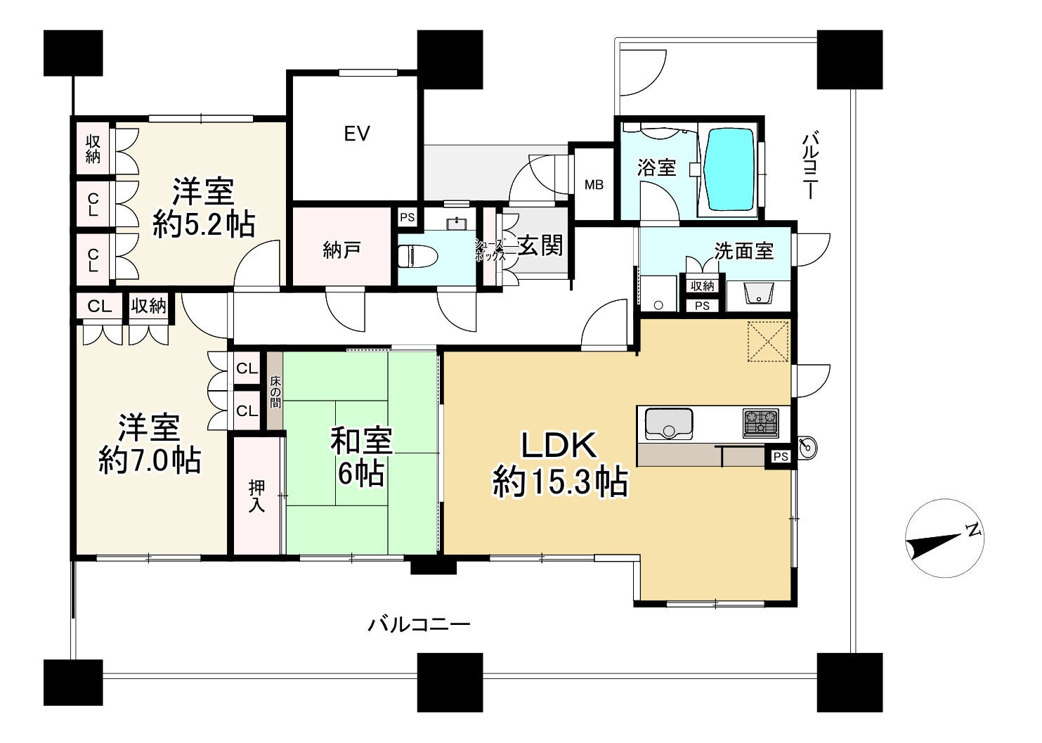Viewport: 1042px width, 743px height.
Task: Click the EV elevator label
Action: [357, 134]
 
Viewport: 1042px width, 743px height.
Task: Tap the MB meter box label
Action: [594, 185]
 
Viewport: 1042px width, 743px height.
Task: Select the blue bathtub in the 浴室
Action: [729, 169]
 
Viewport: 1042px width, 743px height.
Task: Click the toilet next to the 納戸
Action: [418, 257]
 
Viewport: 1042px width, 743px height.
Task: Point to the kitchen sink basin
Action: [668, 423]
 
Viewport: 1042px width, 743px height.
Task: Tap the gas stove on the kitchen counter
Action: [760, 424]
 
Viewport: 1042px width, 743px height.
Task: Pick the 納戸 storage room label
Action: [341, 251]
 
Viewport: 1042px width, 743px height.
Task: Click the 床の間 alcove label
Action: [275, 392]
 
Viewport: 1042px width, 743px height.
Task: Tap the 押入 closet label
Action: [256, 496]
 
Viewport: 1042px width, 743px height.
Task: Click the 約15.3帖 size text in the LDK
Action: [560, 482]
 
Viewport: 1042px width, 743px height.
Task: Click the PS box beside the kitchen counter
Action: [781, 457]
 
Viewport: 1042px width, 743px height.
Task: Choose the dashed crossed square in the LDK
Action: [768, 341]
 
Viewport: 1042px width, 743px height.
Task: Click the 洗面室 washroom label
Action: [744, 251]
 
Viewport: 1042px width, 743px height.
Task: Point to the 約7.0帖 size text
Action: [150, 460]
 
